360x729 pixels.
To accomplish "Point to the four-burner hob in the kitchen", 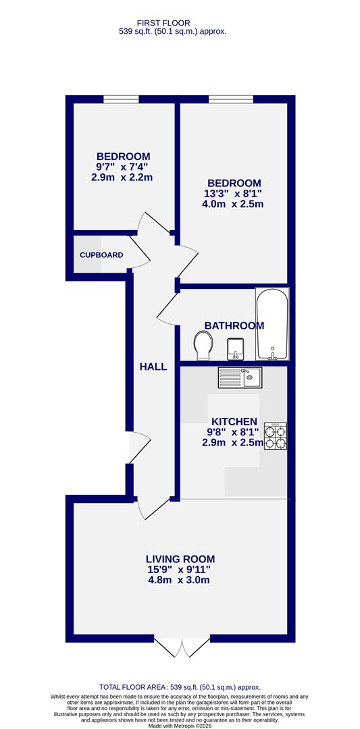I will [274, 437].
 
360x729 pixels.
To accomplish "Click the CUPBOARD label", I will [101, 255].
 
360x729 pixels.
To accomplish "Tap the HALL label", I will [153, 367].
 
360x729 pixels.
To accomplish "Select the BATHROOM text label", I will [234, 325].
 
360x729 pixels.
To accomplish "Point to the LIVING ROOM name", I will [180, 558].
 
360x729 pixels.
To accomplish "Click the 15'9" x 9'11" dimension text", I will [180, 570].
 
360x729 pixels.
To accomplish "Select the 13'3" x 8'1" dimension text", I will [234, 194].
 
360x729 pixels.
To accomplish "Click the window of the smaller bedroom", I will [121, 100].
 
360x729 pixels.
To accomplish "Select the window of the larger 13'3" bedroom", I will [230, 100].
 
